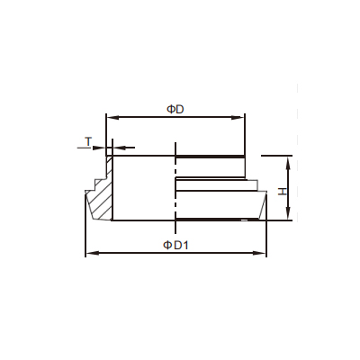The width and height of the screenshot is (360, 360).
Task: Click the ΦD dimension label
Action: [175, 109]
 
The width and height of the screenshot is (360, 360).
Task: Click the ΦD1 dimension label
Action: [175, 246]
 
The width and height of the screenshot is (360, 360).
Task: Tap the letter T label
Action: [88, 141]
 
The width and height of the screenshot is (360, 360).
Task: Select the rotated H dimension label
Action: [283, 192]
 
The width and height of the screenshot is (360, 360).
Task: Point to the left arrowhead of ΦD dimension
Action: [112, 118]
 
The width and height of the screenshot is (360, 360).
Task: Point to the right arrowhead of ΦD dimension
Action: [239, 118]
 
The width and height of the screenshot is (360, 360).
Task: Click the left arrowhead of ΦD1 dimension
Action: [91, 254]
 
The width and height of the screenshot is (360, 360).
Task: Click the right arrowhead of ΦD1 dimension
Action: [261, 254]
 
